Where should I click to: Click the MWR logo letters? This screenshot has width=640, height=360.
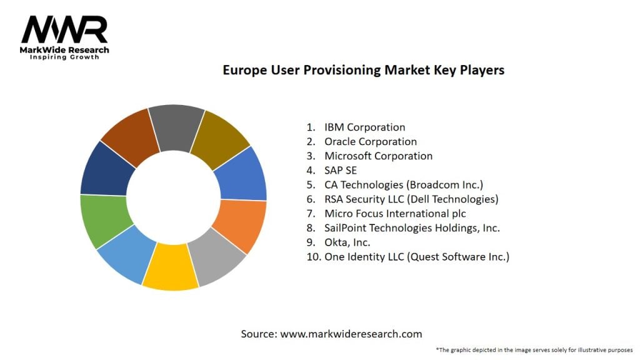tap(64, 29)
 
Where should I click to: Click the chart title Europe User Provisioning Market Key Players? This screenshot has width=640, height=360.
tap(363, 70)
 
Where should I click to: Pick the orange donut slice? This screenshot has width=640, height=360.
tap(239, 224)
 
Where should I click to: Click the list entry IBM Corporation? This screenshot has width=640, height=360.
tap(364, 127)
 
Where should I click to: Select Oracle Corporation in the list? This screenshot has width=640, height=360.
tap(370, 142)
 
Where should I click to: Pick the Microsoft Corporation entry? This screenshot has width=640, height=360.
tap(378, 156)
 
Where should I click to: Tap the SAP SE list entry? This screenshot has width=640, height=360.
tap(341, 171)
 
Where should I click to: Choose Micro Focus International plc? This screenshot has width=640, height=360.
tap(395, 214)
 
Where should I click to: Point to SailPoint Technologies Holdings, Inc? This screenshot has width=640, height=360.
tap(412, 228)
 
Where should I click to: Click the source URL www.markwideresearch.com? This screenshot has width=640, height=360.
tap(351, 334)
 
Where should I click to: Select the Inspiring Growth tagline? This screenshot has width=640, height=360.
tap(64, 57)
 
